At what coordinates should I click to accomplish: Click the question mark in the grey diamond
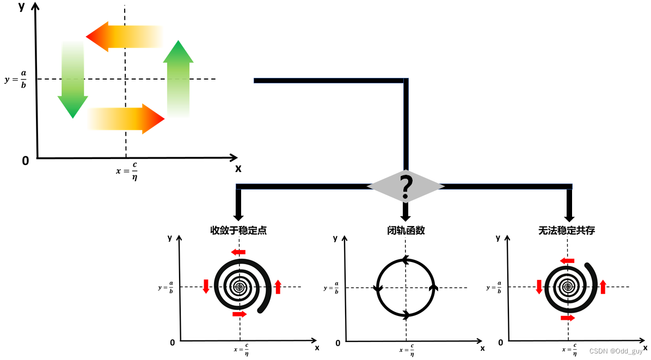coord(406,187)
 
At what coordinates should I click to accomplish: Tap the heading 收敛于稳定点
coord(238,230)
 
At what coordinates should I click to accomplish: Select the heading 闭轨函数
coord(406,230)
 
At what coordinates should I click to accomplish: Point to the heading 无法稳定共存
coord(567,230)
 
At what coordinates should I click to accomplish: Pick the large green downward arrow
coord(72,80)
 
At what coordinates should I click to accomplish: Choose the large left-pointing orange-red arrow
coord(125,36)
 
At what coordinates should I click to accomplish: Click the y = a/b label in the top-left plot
coord(16,80)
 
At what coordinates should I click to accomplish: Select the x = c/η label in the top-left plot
coord(126,170)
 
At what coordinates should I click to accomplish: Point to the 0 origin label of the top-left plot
coord(25,161)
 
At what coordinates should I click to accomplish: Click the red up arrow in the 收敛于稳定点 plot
coord(278,286)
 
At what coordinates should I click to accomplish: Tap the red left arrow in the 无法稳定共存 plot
coord(567,261)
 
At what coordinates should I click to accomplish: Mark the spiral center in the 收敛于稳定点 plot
coord(239,286)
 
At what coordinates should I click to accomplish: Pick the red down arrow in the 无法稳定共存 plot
coord(539,286)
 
